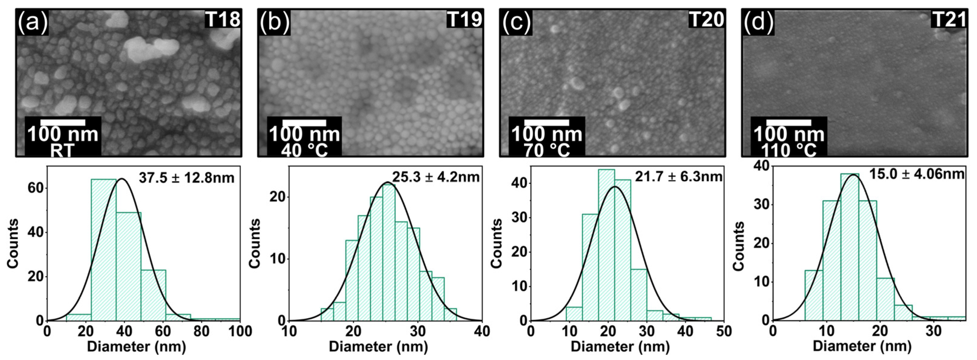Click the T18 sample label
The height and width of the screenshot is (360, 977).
(223, 19)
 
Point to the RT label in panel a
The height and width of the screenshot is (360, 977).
(62, 151)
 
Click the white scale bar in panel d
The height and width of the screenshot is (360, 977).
(788, 123)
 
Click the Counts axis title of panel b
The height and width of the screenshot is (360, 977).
(255, 243)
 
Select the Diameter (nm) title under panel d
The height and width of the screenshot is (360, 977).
(862, 346)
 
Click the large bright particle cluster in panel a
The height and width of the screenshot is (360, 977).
(152, 49)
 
